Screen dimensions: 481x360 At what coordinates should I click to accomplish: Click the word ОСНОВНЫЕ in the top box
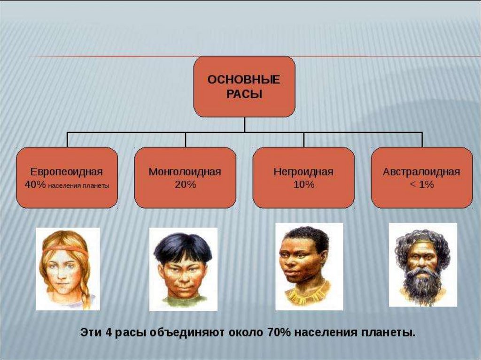tap(244, 79)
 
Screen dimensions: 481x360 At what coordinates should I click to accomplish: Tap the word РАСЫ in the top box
tap(244, 94)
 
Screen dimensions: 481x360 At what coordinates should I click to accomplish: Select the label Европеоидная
tap(67, 172)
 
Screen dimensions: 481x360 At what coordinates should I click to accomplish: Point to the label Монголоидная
tap(185, 172)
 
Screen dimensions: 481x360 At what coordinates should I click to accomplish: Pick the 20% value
tap(185, 184)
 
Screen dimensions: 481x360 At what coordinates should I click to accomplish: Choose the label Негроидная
tap(303, 172)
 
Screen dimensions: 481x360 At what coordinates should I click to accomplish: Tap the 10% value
tap(303, 184)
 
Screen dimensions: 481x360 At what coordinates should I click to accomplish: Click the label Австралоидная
tap(421, 172)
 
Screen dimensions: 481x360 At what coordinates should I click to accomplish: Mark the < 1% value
tap(421, 184)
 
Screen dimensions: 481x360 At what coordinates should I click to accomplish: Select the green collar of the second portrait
tap(183, 300)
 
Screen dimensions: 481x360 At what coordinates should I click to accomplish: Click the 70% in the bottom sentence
tap(280, 333)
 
